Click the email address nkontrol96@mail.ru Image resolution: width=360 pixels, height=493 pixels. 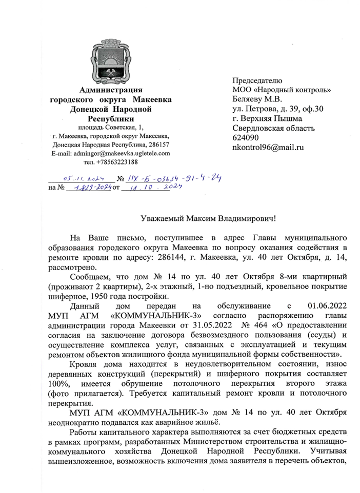268,148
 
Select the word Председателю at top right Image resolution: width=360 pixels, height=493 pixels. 258,80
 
